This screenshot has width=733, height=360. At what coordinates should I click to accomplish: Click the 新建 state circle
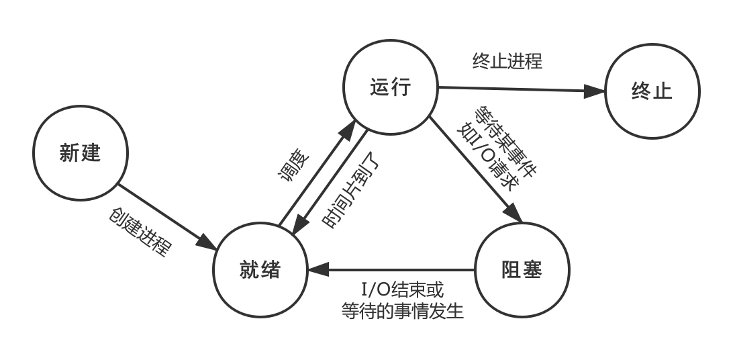(x=80, y=153)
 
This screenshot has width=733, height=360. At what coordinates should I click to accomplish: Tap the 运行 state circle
(x=390, y=87)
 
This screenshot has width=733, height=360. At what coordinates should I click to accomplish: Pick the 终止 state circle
(x=652, y=91)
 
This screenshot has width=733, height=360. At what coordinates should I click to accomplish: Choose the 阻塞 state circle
(x=522, y=270)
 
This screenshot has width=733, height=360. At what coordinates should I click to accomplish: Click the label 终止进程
(x=507, y=61)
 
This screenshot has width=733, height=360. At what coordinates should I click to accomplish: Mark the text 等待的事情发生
(x=402, y=312)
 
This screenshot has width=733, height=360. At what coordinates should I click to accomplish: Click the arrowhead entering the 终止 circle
(x=595, y=91)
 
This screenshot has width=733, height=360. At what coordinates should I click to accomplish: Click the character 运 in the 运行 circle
(x=380, y=87)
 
